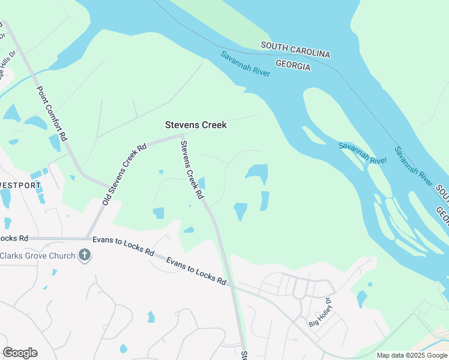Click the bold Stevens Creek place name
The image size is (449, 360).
(196, 125)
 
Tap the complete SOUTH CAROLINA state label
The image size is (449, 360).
(295, 50)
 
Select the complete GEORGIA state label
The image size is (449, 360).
(293, 65)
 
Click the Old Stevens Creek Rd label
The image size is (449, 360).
(124, 174)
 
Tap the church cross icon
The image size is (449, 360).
(85, 256)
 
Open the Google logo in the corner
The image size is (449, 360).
(20, 353)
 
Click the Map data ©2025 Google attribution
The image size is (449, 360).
(412, 355)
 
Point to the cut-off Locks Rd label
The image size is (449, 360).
(14, 238)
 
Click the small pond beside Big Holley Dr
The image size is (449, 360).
(361, 298)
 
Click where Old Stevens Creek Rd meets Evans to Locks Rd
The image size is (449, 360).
(88, 238)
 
